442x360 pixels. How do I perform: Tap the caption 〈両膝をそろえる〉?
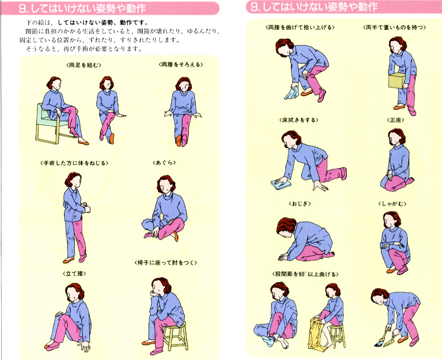tap(181, 65)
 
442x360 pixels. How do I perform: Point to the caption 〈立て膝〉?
tap(74, 273)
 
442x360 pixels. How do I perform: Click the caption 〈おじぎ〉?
tap(300, 204)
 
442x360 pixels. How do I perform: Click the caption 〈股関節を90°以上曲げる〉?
tap(305, 274)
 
